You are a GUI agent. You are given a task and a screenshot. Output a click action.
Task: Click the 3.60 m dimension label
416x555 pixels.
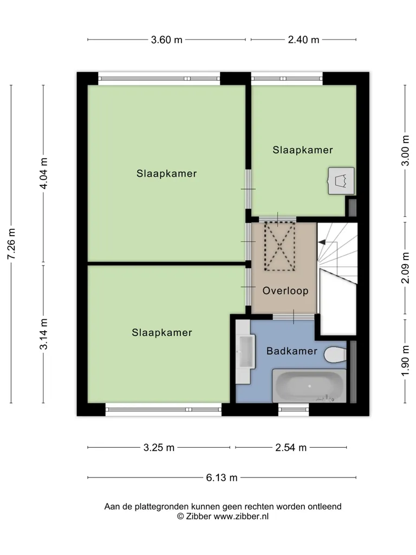167,40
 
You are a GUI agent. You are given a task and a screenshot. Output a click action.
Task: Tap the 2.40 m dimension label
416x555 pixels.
303,40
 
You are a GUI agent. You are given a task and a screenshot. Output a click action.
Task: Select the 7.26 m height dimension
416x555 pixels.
11,244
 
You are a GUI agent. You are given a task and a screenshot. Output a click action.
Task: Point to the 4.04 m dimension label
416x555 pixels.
43,173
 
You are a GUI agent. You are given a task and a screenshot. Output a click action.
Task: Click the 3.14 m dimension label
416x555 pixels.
43,334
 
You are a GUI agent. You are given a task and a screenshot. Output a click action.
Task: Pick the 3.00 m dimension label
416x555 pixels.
405,151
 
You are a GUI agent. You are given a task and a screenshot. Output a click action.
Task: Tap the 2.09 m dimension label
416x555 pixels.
405,268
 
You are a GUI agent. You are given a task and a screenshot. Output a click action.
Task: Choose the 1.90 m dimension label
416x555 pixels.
405,360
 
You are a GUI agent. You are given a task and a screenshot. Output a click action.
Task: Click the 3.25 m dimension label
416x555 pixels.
159,448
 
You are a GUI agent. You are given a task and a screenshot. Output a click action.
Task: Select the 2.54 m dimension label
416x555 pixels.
291,448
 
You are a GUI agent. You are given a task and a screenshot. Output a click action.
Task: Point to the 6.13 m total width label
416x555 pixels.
222,478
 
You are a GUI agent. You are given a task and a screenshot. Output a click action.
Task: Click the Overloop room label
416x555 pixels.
285,291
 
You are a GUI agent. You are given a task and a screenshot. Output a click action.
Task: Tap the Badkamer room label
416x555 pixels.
292,351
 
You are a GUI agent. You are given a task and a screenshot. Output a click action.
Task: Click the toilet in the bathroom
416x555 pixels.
335,355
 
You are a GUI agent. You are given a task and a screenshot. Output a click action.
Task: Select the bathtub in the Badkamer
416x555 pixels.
309,386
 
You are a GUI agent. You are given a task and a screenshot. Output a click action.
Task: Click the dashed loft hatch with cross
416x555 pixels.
280,247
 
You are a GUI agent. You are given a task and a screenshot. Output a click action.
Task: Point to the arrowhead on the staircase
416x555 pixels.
322,242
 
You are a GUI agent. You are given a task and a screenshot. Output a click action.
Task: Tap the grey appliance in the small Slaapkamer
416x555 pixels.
341,181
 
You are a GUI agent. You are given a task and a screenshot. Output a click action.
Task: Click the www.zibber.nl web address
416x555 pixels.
241,517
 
